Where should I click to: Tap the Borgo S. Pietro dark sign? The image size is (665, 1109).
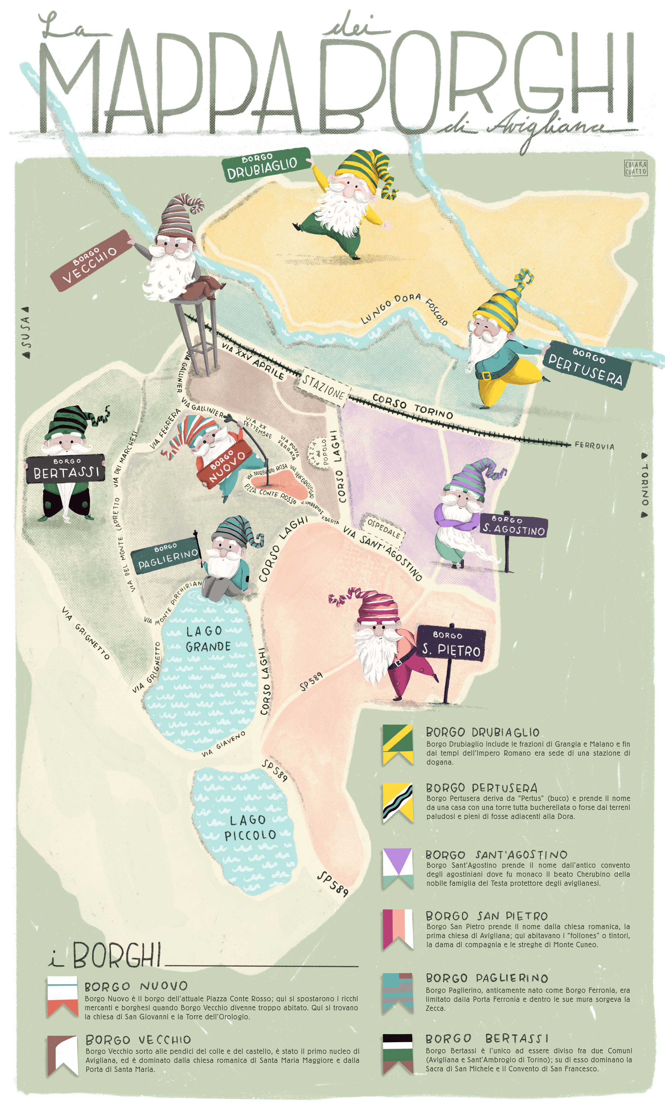451,643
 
